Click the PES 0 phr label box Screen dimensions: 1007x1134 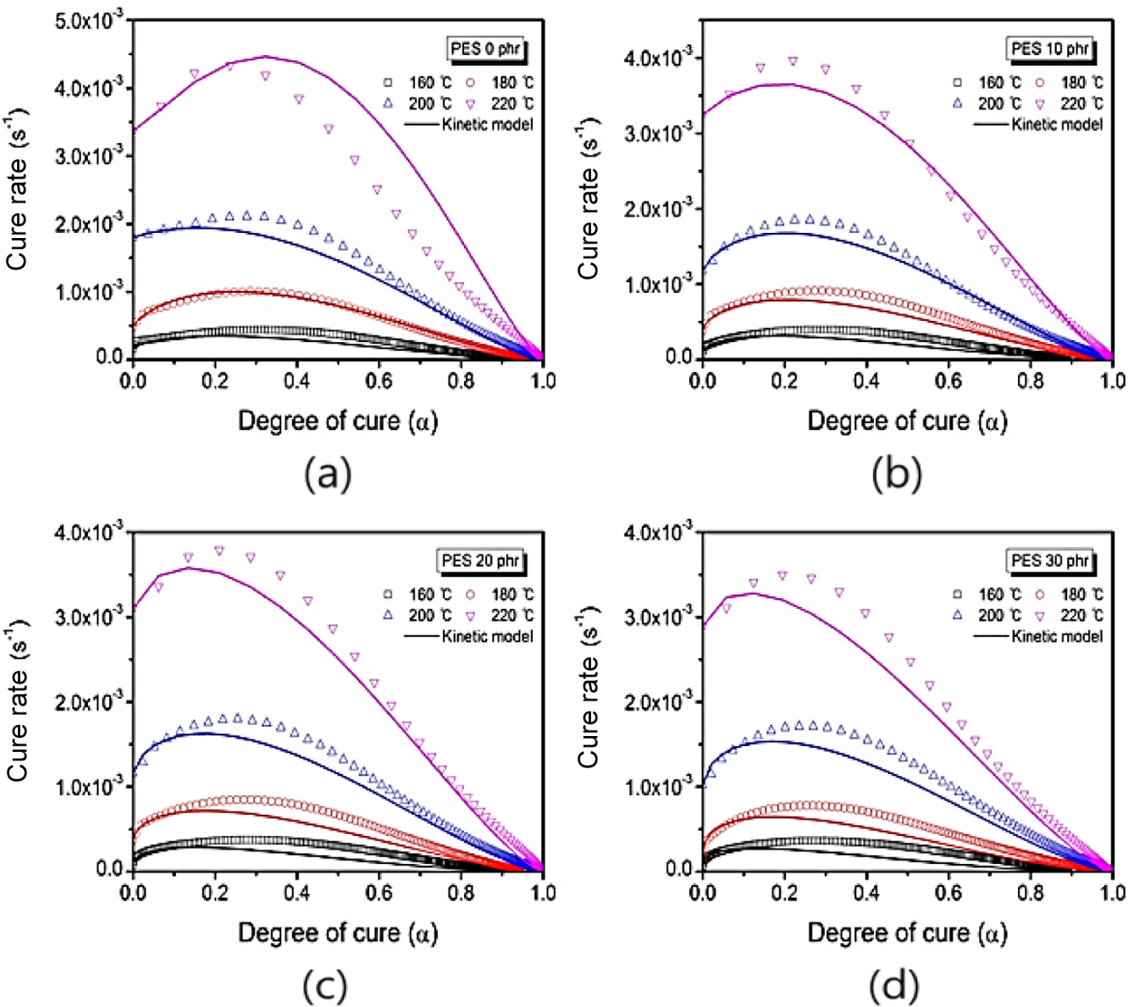[x=485, y=49]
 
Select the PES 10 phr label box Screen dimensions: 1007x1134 [x=1050, y=49]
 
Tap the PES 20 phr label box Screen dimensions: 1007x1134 [x=480, y=561]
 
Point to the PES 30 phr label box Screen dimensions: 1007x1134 [x=1050, y=561]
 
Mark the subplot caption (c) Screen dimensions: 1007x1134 [x=325, y=986]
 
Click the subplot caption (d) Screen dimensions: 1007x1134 [x=894, y=986]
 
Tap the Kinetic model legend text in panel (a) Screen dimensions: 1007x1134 [x=488, y=124]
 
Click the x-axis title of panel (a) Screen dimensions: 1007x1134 [x=338, y=421]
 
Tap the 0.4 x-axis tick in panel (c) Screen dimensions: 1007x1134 [x=296, y=893]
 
